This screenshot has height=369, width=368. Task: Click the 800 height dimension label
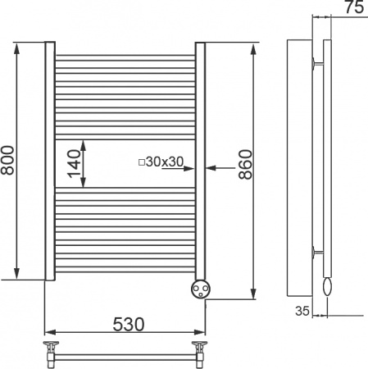pyautogui.click(x=7, y=161)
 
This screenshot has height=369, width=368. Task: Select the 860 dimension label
pyautogui.click(x=245, y=165)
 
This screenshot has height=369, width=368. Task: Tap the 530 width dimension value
pyautogui.click(x=129, y=324)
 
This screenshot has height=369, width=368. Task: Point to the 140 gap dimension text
pyautogui.click(x=75, y=164)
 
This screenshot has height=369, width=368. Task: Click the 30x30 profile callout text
pyautogui.click(x=165, y=162)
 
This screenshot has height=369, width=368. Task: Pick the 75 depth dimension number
pyautogui.click(x=355, y=7)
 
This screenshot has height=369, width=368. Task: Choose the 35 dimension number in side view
pyautogui.click(x=302, y=311)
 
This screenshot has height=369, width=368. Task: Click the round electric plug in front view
pyautogui.click(x=201, y=289)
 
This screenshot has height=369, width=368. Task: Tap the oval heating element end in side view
pyautogui.click(x=327, y=286)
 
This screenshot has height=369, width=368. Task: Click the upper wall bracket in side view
pyautogui.click(x=318, y=63)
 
